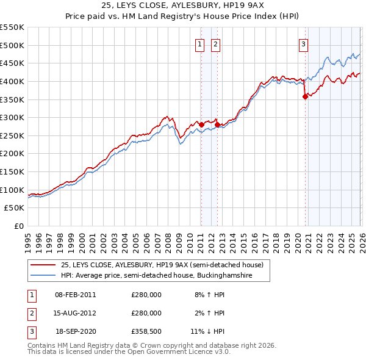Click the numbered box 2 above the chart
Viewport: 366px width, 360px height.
coord(216,43)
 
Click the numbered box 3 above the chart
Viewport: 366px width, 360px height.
coord(303,43)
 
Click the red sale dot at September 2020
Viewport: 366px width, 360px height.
coord(305,96)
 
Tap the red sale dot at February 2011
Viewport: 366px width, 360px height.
coord(201,124)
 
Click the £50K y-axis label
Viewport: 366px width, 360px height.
coord(15,208)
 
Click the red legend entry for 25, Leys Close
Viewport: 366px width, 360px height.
coord(162,265)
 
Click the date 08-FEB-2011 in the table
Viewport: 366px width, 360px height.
coord(75,295)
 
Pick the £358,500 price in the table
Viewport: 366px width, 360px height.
coord(146,333)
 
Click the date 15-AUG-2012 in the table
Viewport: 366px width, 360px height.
coord(75,313)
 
